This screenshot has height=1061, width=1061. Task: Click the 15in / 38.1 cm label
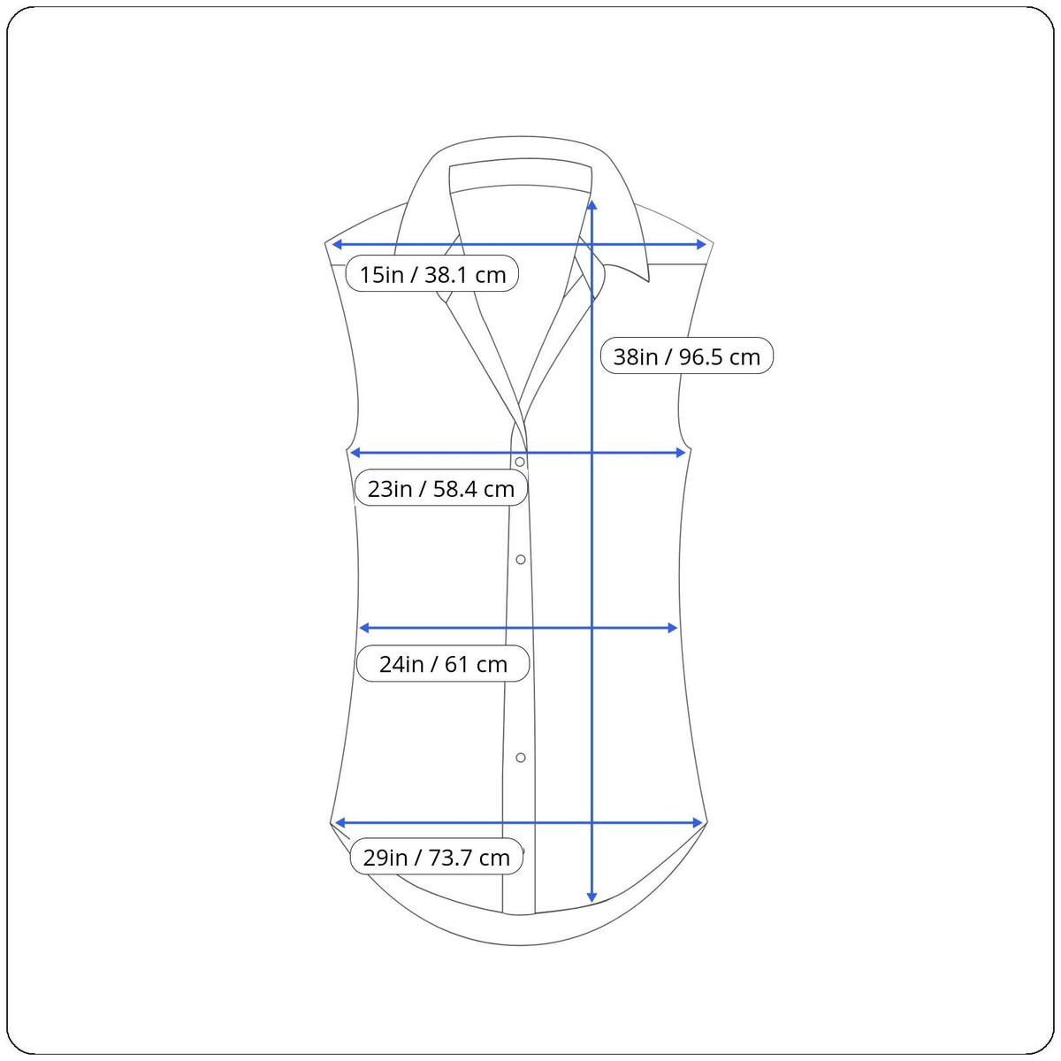click(432, 273)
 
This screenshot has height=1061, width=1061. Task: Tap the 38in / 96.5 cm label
click(687, 356)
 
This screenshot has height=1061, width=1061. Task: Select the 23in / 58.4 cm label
click(441, 488)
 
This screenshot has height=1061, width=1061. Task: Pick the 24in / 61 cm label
click(443, 664)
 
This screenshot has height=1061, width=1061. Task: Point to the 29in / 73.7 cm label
click(437, 858)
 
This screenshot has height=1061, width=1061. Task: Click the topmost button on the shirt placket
click(520, 462)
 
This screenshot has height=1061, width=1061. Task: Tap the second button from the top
click(520, 560)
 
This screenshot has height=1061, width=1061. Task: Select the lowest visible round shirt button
click(520, 758)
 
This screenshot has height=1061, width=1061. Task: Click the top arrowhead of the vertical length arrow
click(592, 205)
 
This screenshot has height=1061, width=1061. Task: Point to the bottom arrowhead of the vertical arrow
click(592, 897)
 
